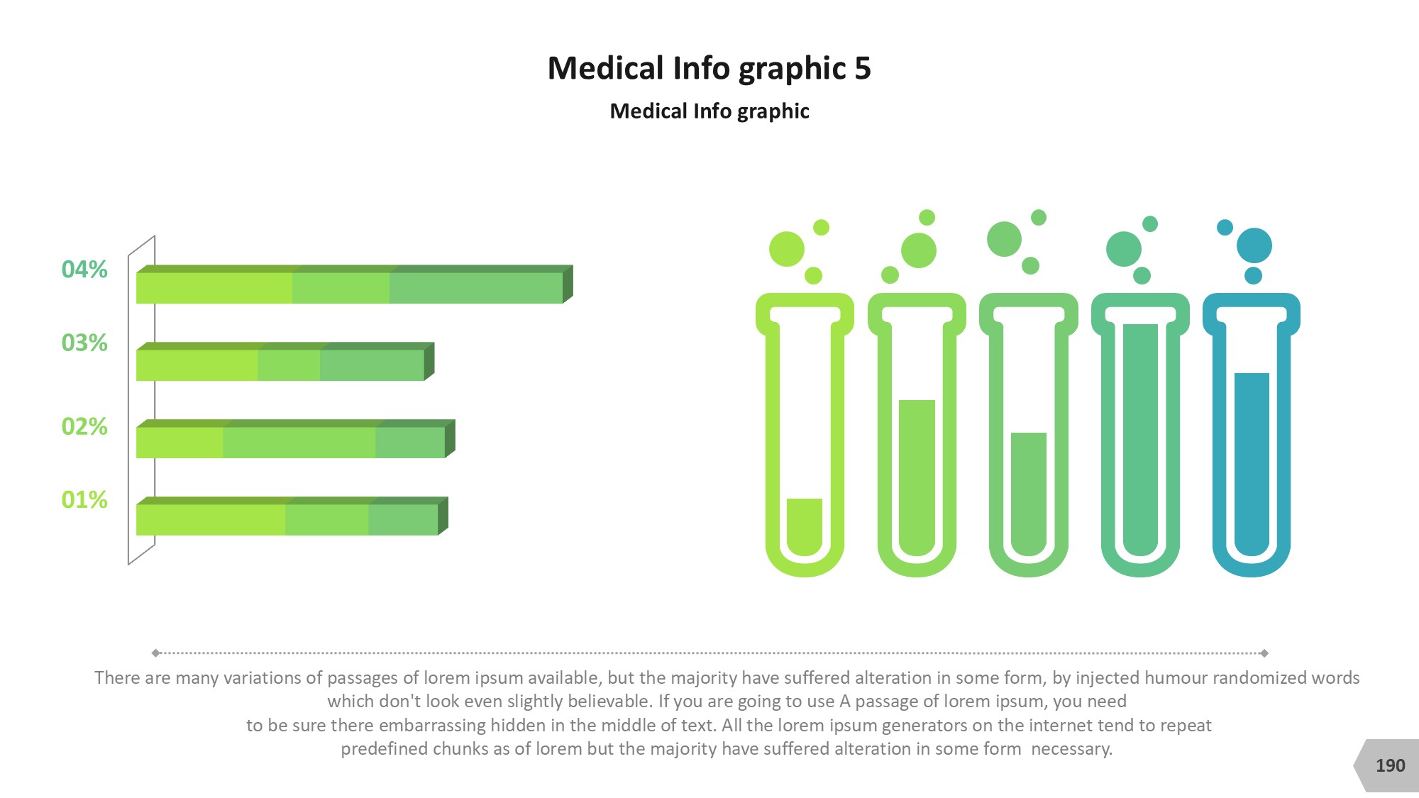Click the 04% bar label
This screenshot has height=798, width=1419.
click(x=84, y=270)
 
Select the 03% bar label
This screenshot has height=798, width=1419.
click(x=84, y=343)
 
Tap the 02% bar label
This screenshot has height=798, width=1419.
click(x=84, y=426)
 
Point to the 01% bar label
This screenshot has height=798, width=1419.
click(x=84, y=499)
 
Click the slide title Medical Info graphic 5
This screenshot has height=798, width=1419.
click(x=709, y=69)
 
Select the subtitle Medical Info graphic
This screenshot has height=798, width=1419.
click(x=709, y=111)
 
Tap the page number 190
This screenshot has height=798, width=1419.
click(x=1390, y=765)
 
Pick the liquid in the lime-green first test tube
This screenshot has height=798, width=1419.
click(x=805, y=526)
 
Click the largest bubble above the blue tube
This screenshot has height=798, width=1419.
click(x=1254, y=245)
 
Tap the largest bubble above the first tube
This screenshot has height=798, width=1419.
click(x=787, y=249)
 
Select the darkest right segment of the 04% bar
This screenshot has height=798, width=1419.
click(x=476, y=288)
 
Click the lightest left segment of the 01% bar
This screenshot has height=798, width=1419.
click(x=211, y=520)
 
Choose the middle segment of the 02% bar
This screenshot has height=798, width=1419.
click(x=299, y=443)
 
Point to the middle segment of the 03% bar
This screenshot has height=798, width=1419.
click(x=289, y=365)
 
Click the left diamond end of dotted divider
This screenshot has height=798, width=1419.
click(x=156, y=653)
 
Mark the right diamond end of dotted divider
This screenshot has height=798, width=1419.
click(x=1264, y=653)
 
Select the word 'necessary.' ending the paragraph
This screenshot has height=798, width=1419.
click(x=1072, y=749)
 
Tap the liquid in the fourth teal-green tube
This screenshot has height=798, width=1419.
click(x=1141, y=440)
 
